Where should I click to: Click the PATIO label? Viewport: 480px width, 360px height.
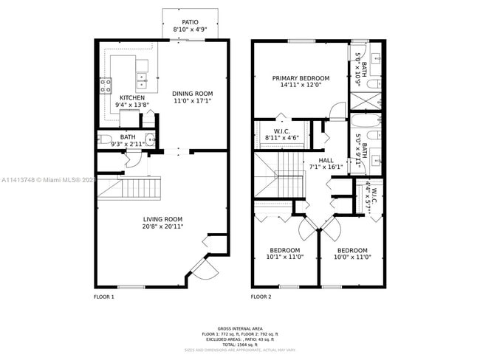pos(190,22)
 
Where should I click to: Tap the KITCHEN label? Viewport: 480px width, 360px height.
pos(132,97)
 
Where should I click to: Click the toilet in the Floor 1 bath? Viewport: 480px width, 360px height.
pos(104,139)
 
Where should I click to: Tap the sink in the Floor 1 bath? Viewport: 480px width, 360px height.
pos(151,139)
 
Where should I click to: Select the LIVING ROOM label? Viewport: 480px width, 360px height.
pos(162,219)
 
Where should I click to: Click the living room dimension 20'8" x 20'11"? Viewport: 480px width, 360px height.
pos(162,226)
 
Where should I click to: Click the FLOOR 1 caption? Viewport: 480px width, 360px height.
pos(103,297)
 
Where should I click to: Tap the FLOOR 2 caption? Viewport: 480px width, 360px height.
pos(261,297)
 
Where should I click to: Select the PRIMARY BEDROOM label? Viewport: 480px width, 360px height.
pos(301,77)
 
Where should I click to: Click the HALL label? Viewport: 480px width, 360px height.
pos(326,160)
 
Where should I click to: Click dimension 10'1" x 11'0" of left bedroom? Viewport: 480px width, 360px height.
pos(284,257)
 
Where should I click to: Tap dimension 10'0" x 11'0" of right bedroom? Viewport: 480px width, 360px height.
pos(352,257)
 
